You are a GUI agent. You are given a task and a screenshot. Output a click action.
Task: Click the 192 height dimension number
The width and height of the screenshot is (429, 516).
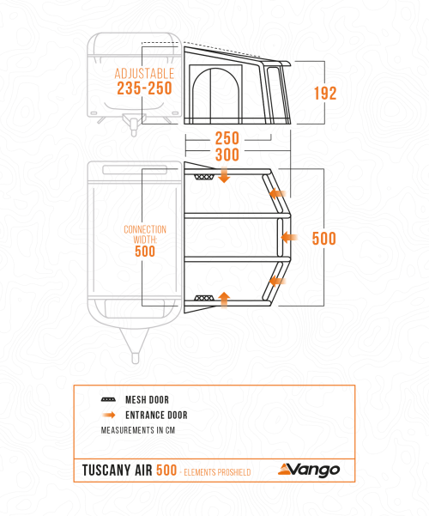coord(325,93)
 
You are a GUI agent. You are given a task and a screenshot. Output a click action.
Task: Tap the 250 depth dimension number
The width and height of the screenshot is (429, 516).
coord(227,138)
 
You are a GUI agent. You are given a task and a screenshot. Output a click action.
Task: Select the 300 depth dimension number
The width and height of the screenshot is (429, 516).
coord(227,155)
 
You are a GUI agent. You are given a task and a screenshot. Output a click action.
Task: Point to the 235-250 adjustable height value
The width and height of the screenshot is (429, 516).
coord(144,88)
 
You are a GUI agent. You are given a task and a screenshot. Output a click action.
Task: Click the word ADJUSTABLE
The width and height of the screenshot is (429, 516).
coord(144,73)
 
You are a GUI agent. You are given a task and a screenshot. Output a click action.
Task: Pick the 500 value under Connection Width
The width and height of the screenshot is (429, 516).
coord(145,252)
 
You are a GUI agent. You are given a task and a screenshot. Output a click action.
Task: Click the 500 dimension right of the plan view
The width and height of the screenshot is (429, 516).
coord(324,239)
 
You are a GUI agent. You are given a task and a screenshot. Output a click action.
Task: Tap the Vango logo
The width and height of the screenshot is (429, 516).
coord(309,470)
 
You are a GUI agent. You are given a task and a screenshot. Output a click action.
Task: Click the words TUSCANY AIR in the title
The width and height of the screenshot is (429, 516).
coord(118,470)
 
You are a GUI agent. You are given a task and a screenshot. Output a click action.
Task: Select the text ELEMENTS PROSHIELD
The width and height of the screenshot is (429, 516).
coord(217,472)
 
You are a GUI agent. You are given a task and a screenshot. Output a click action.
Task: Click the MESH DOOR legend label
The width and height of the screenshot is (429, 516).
coord(147,400)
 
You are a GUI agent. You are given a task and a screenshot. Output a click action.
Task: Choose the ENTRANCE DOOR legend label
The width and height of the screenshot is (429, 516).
coord(156,415)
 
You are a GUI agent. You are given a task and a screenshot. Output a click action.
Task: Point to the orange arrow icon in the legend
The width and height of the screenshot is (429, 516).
coord(109,415)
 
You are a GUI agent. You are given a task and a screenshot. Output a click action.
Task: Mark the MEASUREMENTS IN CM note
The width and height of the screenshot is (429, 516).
coord(138,430)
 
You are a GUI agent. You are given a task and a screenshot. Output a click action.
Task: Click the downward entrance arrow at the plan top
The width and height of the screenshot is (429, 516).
coord(224,174)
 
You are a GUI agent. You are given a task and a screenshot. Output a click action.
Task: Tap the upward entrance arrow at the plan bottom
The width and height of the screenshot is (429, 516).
coord(224,300)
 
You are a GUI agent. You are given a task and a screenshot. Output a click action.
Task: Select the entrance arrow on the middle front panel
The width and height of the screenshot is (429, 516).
coord(289,237)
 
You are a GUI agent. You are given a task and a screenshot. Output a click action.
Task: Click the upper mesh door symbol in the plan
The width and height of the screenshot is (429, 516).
coord(204,177)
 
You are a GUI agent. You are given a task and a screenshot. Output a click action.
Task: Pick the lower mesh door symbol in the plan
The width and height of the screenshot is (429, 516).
coord(204,298)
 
